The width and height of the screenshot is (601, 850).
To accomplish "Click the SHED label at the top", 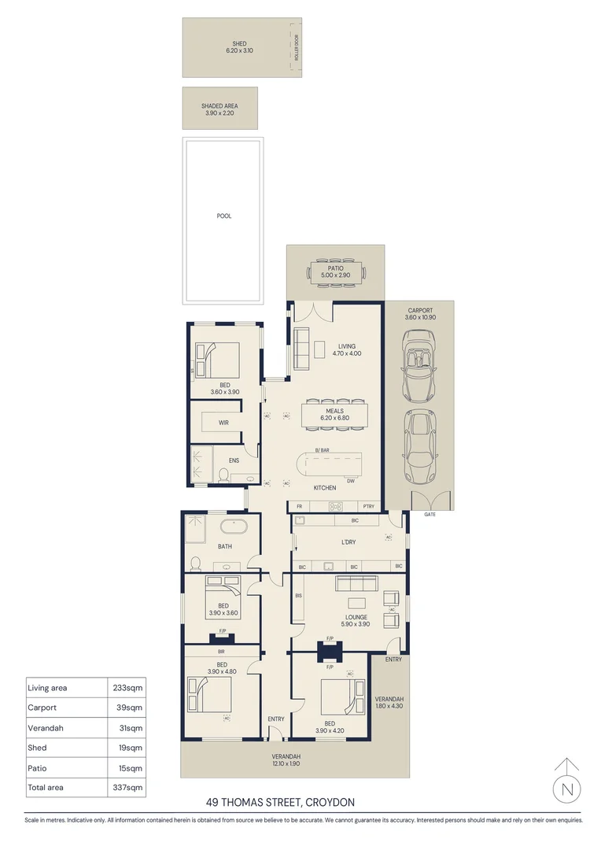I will click(239, 43).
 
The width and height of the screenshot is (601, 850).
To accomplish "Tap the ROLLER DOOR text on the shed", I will click(298, 48).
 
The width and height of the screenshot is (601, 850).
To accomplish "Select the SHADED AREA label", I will click(219, 105).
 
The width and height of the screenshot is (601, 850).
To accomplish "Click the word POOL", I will click(224, 216).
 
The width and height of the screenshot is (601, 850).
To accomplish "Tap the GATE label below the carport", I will click(430, 514).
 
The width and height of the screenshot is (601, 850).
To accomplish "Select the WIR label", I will click(223, 423).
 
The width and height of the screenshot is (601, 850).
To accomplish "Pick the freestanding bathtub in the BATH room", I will click(234, 527).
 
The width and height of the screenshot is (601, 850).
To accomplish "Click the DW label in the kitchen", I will click(351, 481).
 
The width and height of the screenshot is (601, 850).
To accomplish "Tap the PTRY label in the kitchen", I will click(369, 506).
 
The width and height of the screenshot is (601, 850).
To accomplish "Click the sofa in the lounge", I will click(356, 582).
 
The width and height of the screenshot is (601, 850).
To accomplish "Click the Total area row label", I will click(45, 787).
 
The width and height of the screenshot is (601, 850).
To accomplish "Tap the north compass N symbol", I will click(567, 788).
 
